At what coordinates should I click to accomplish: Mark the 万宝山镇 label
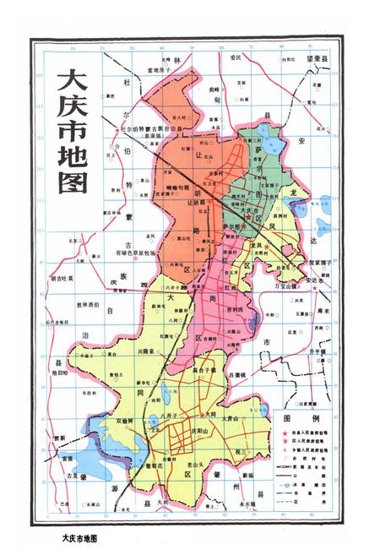(x=287, y=287)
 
